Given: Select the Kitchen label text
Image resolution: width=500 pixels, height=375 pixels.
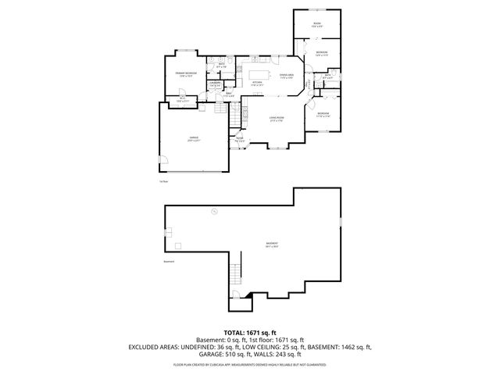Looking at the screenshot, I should click(x=256, y=82).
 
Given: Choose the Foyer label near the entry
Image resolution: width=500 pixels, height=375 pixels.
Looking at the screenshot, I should click(x=239, y=140).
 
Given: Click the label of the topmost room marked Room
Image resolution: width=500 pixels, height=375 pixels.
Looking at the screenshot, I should click(x=317, y=25).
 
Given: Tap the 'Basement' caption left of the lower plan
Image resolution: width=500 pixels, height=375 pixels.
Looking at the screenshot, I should click(x=170, y=262).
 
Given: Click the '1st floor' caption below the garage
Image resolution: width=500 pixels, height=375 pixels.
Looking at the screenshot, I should click(x=164, y=181).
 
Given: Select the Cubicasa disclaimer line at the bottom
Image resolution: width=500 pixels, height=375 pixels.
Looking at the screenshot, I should click(x=249, y=364).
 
